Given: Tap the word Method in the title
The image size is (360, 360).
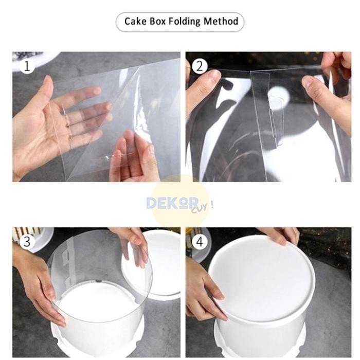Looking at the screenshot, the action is pos(221,21).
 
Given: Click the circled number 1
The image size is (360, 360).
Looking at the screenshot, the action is pos(27,66).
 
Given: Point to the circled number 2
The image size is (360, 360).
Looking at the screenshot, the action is pos(200,66).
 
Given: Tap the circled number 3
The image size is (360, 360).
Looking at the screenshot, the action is pos(27,241).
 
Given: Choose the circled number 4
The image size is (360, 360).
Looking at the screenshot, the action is pos(200,241).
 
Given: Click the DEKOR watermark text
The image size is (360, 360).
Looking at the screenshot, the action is pos(172,203).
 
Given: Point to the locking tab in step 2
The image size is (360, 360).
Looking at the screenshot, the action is pos(276,119).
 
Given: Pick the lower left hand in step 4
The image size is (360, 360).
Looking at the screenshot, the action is pos(204,289).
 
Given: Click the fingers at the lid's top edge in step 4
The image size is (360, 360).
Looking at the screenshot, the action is pos(282,237).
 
